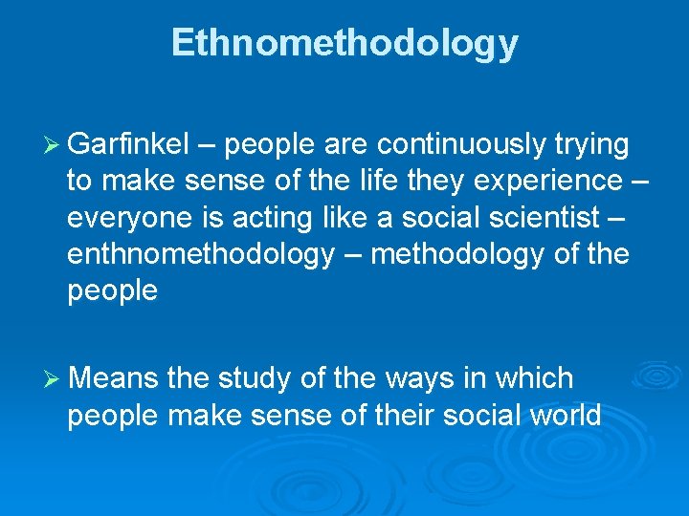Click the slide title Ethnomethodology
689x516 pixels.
pyautogui.click(x=344, y=43)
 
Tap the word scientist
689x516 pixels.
pyautogui.click(x=537, y=218)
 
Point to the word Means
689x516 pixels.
pyautogui.click(x=113, y=379)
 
